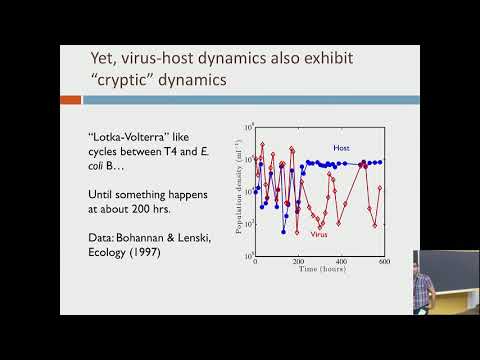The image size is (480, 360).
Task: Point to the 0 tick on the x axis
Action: [256, 261]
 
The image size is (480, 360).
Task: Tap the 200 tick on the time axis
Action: [299, 261]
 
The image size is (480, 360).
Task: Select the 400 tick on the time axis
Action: [342, 261]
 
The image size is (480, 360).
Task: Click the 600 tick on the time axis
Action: [385, 261]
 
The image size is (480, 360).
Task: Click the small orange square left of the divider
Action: [70, 100]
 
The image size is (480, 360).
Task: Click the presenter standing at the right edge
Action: [424, 284]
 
